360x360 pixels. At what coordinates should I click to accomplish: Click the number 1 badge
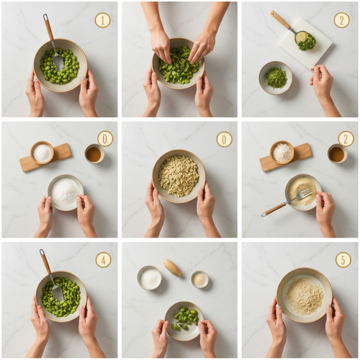103,20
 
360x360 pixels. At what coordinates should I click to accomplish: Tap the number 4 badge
104,260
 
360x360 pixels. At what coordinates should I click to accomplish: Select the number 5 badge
343,259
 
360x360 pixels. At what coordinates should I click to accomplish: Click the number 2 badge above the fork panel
346,139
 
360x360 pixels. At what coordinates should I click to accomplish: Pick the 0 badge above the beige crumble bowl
224,139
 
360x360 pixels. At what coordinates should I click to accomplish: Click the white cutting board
305,42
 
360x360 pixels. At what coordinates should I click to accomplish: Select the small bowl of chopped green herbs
276,78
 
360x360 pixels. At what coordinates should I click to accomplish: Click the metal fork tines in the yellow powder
305,194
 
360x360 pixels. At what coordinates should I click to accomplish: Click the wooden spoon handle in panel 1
48,27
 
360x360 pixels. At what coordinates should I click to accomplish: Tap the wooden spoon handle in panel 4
45,261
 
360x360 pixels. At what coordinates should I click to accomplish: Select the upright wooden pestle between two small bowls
173,267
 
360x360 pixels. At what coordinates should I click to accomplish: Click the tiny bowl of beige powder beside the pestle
199,279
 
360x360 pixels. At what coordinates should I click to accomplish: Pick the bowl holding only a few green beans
184,321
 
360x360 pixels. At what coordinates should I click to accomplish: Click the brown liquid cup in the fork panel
338,153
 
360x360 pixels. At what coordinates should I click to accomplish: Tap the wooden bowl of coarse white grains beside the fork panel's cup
282,152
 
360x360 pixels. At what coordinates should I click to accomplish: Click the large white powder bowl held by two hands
66,192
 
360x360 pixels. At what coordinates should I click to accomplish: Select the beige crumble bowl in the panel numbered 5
305,295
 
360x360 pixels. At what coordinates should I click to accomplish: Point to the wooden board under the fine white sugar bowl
45,157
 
